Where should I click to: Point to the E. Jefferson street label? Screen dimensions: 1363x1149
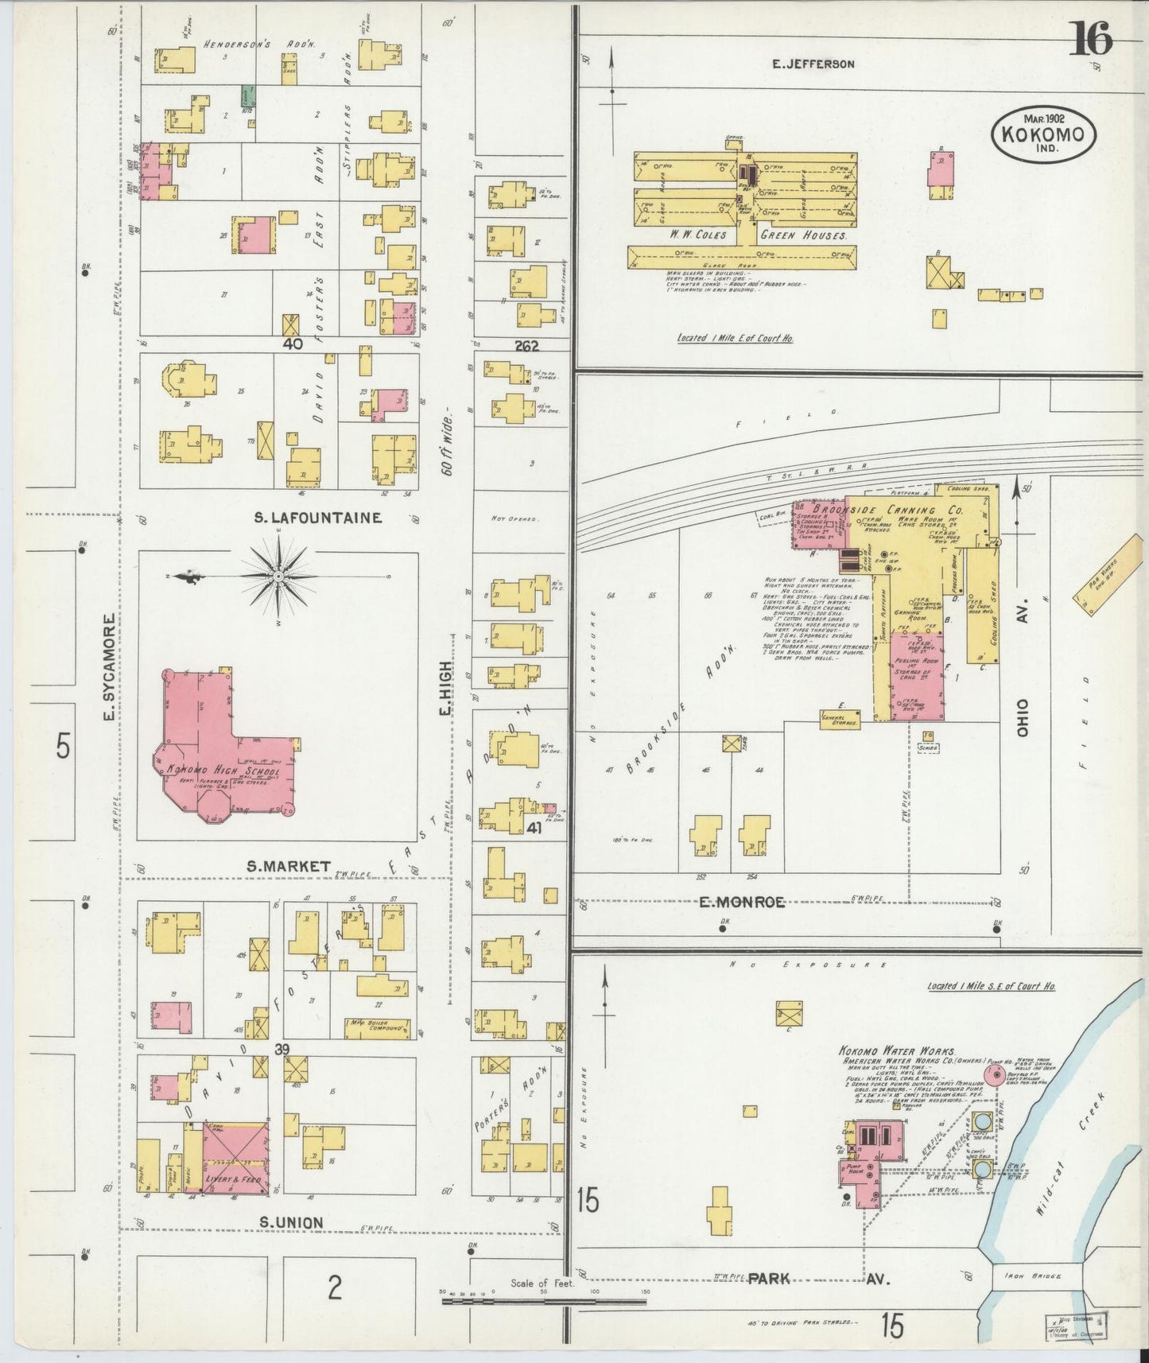pos(813,64)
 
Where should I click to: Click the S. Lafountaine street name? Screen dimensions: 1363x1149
pos(317,518)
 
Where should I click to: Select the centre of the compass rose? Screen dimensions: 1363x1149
pos(278,576)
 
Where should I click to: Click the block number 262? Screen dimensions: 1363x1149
pos(526,345)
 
